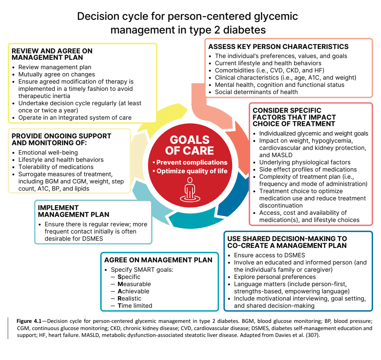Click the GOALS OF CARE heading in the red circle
click(190, 145)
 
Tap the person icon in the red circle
click(190, 190)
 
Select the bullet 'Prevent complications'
click(190, 162)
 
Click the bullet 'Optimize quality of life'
click(190, 171)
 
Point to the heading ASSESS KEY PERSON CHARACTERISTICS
click(279, 46)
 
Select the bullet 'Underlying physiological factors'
click(302, 162)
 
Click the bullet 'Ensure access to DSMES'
click(266, 255)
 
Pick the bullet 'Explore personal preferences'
click(272, 277)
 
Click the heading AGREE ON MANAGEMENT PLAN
click(158, 260)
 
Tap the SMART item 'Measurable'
click(134, 284)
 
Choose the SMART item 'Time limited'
click(135, 306)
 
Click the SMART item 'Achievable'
click(133, 291)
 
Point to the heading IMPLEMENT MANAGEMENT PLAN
click(74, 211)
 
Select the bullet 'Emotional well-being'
click(45, 152)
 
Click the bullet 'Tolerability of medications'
click(53, 167)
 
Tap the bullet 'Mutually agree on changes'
click(53, 74)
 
